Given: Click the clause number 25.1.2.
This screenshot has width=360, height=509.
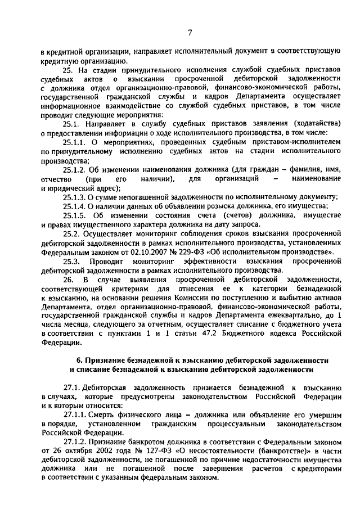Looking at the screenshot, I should point(75,169).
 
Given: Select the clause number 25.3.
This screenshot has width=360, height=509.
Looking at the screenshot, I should point(71,262).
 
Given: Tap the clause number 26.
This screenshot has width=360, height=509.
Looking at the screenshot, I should point(68,280).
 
